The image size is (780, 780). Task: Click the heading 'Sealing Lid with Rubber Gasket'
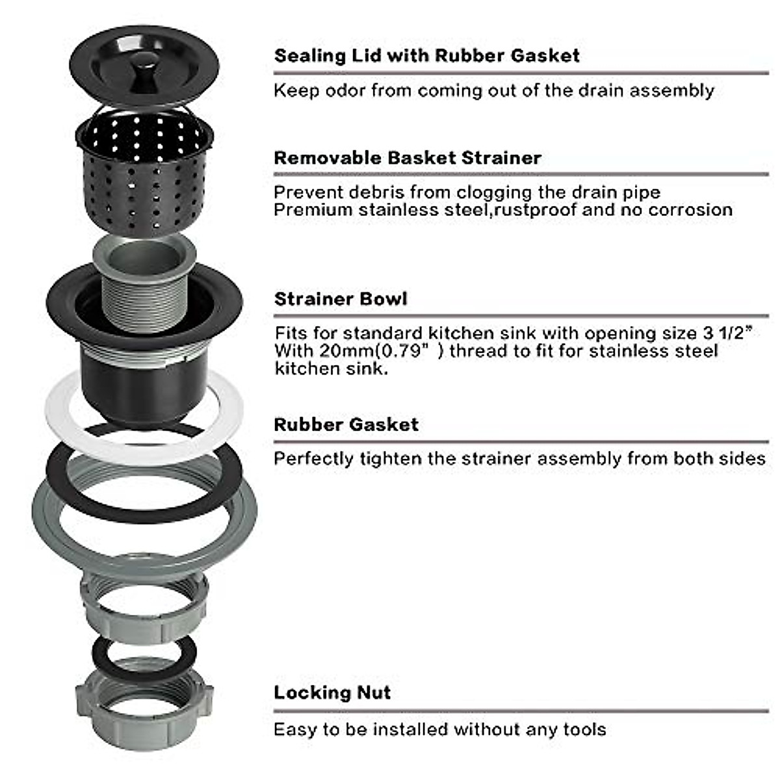pos(426,55)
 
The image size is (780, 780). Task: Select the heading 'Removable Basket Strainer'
pos(408,158)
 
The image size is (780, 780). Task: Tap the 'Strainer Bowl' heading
pos(341,299)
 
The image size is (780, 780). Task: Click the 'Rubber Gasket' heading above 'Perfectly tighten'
pos(346,424)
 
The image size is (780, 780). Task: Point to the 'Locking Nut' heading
pos(332,692)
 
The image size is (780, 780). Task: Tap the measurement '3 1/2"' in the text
pos(727,333)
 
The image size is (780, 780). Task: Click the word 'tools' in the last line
pos(584,729)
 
